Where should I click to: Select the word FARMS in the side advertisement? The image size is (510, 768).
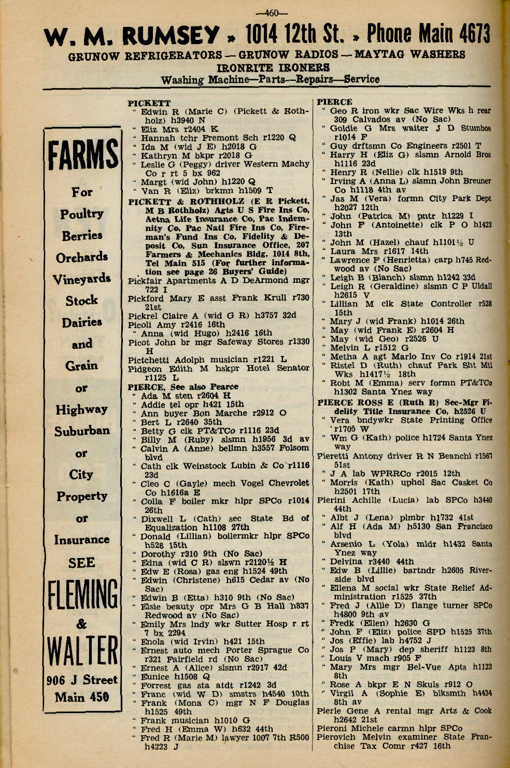pos(83,155)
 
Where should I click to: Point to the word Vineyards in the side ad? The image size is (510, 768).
pos(82,279)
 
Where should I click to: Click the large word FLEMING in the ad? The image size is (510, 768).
pos(83,594)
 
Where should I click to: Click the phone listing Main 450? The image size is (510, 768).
pos(82,697)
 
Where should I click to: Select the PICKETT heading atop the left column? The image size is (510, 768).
pos(149,103)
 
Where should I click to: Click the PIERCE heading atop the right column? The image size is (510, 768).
pos(334,102)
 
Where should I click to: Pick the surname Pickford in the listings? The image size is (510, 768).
pos(146,298)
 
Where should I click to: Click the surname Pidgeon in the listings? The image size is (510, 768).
pos(145,368)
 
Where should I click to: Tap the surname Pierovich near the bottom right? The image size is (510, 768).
pos(338,737)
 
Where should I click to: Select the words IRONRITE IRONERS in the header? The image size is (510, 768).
pos(273,67)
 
